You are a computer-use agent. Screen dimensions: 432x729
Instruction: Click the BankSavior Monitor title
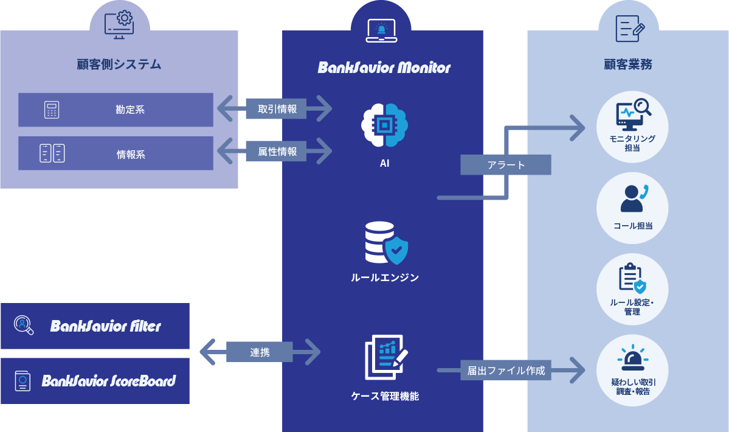[x=384, y=67]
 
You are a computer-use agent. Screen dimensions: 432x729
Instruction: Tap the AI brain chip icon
[x=384, y=125]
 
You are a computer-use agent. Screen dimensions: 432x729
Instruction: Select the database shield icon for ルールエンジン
[x=385, y=243]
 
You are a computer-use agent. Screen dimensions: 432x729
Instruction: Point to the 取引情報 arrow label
[x=276, y=109]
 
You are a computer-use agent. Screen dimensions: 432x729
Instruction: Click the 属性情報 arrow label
[x=276, y=152]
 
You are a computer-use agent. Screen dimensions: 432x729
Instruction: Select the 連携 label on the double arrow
[x=260, y=352]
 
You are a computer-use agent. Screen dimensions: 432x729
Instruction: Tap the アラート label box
[x=505, y=165]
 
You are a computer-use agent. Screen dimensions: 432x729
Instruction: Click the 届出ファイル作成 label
[x=505, y=370]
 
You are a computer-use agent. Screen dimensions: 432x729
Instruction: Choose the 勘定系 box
[x=116, y=110]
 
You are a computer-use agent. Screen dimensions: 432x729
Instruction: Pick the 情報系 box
[x=116, y=153]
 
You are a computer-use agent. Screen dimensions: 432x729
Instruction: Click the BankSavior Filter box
[x=95, y=326]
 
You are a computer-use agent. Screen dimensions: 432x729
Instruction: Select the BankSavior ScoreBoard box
[x=95, y=381]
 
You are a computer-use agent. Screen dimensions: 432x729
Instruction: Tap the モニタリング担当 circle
[x=632, y=127]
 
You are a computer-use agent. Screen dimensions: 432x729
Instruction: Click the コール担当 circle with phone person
[x=632, y=207]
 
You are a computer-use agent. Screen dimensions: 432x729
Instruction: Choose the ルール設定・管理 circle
[x=632, y=289]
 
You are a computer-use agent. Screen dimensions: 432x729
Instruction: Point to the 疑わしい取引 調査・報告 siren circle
[x=632, y=370]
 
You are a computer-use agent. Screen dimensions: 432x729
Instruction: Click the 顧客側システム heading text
[x=119, y=64]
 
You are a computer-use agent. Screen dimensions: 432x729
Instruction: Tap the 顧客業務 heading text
[x=627, y=64]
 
